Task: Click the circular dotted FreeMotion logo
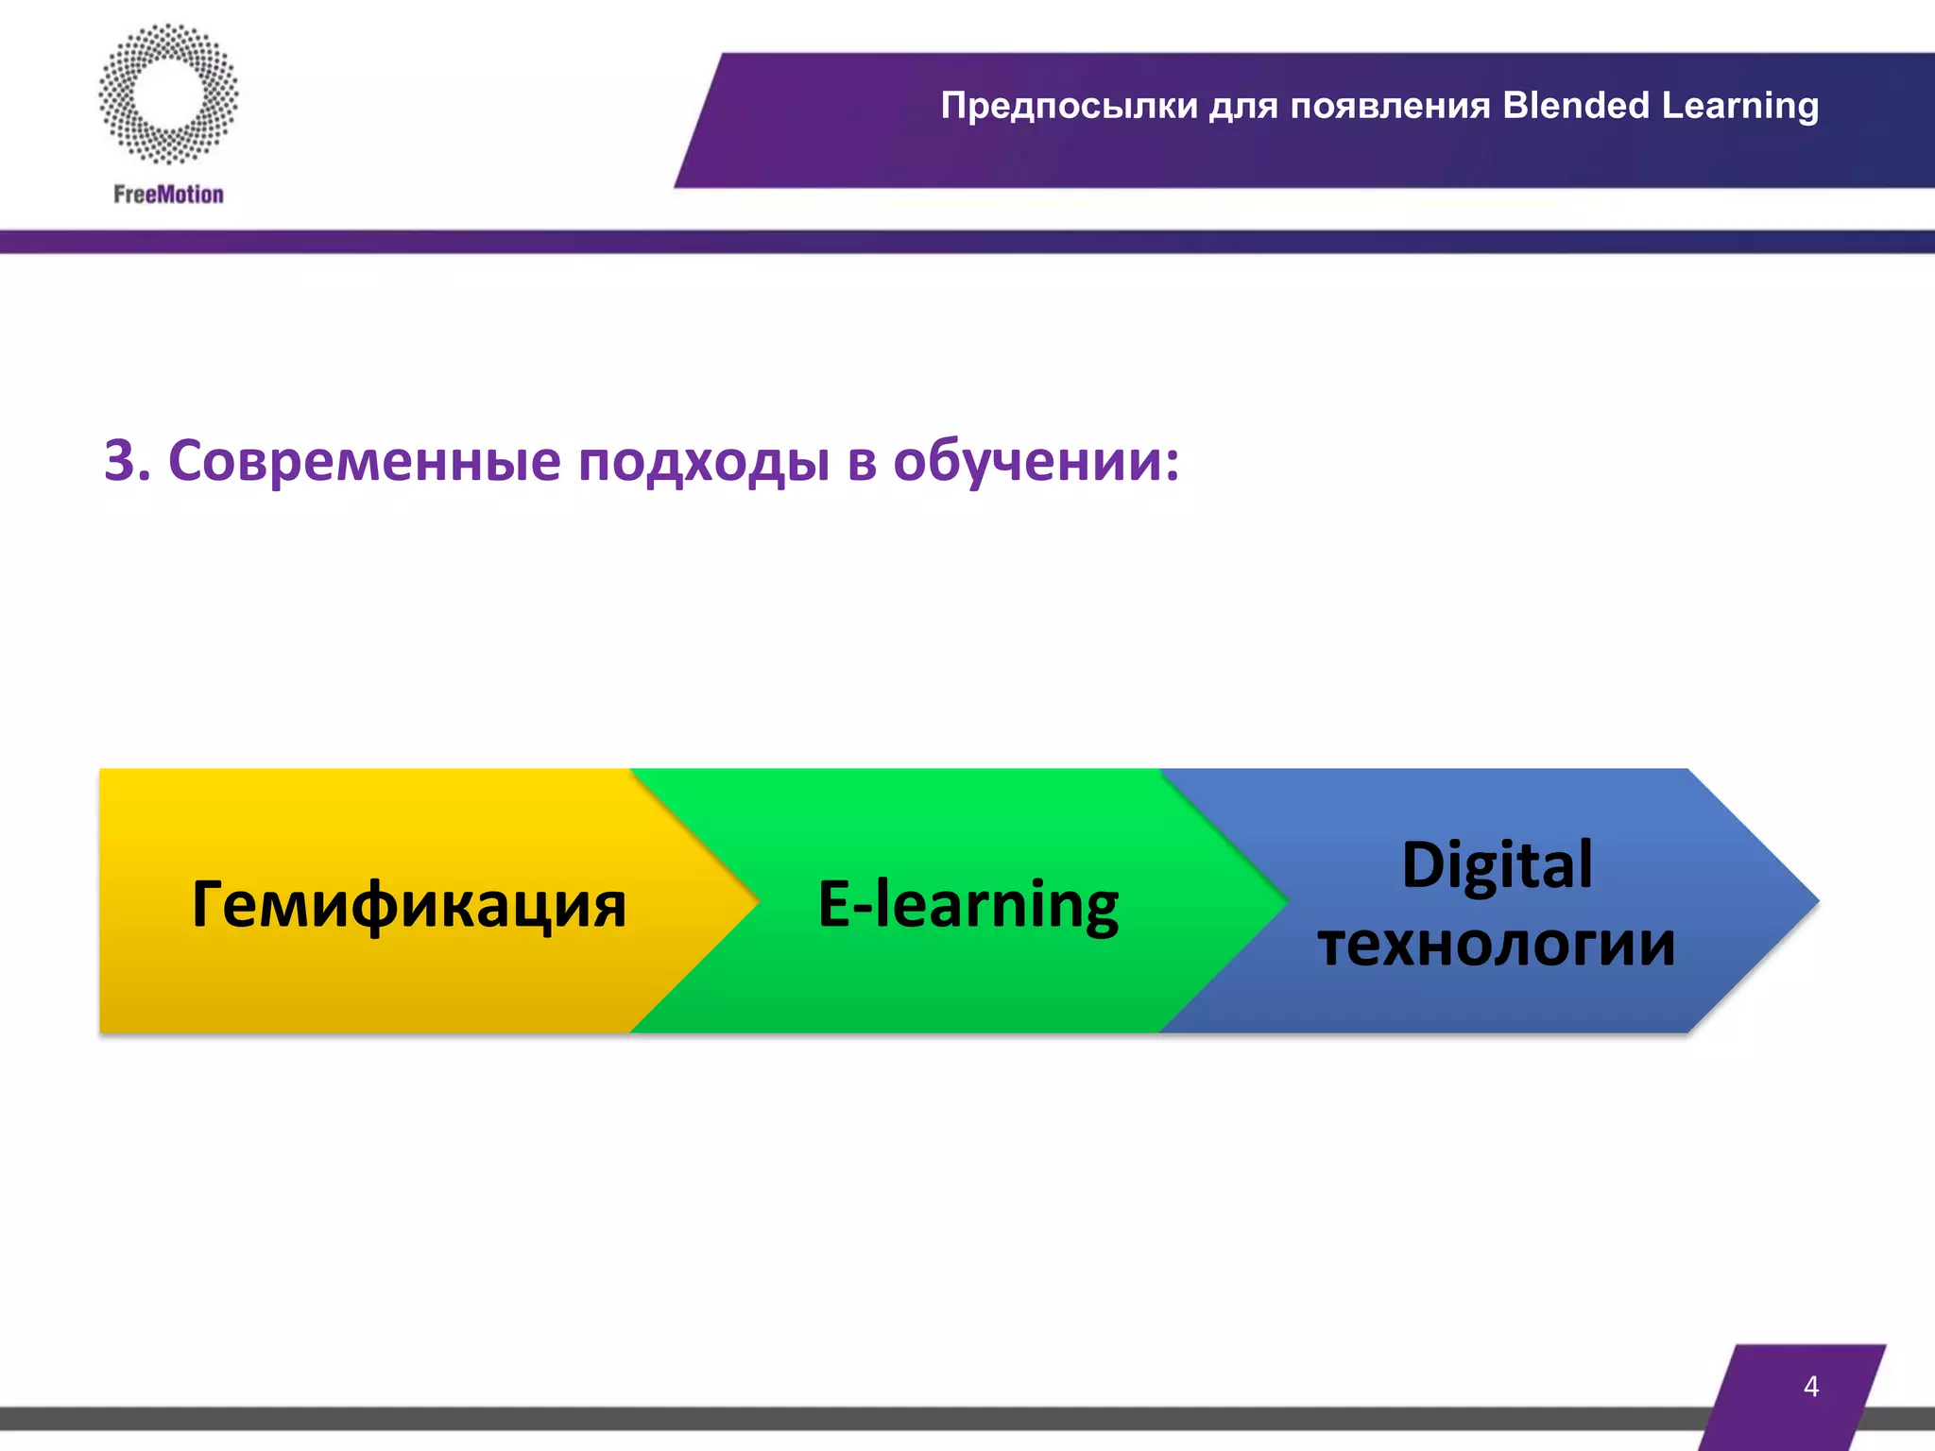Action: coord(168,94)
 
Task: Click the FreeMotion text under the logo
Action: coord(168,195)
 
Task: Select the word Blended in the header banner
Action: coord(1575,106)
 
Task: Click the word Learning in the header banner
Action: coord(1739,106)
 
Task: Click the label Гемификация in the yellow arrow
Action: coord(408,905)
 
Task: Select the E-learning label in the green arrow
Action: coord(967,905)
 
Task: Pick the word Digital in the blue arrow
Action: coord(1497,864)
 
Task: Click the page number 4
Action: coord(1810,1386)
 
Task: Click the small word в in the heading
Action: coord(861,462)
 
